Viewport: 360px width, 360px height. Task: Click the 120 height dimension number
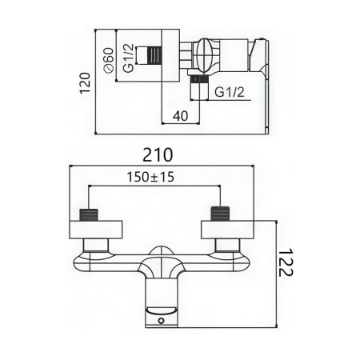(x=86, y=80)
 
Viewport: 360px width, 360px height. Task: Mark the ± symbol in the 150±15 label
(x=150, y=178)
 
